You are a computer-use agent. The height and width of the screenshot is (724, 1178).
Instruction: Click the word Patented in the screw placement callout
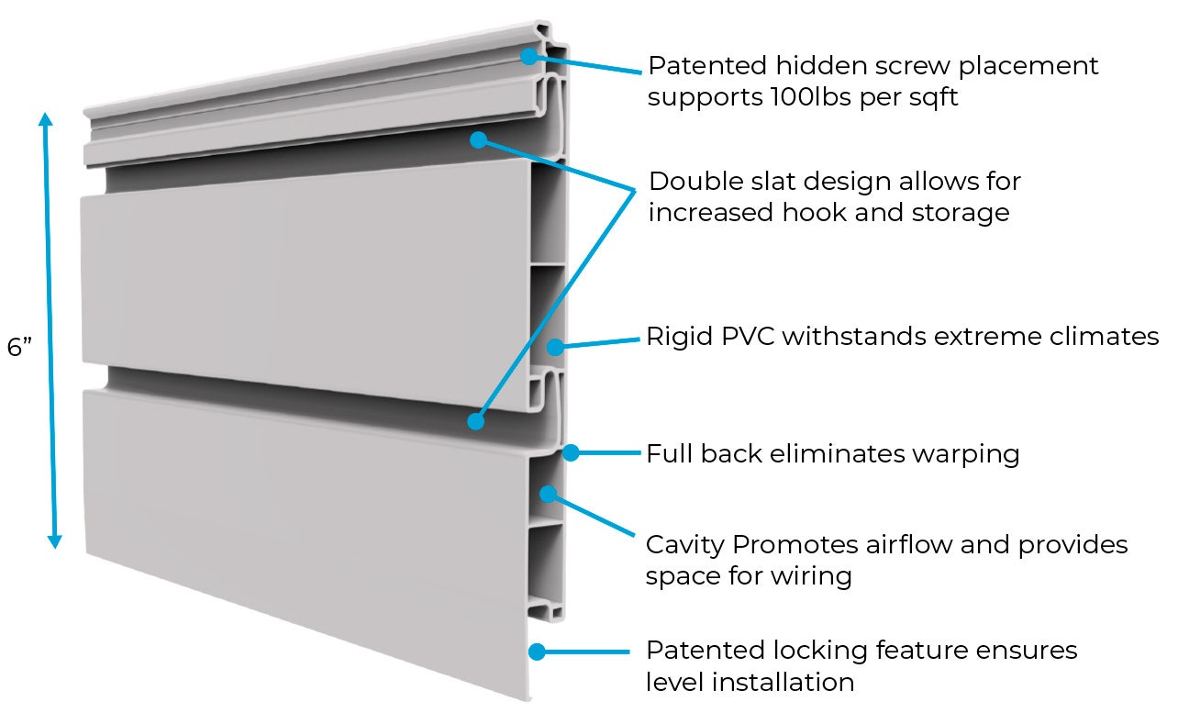(x=706, y=66)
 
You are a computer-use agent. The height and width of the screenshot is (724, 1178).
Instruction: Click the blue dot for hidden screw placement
(x=528, y=56)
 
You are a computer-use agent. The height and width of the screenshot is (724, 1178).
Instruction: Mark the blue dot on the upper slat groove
(x=478, y=139)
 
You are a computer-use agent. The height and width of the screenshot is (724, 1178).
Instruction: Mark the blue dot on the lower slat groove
(x=475, y=421)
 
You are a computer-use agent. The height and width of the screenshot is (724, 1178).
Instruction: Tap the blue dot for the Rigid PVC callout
(x=555, y=347)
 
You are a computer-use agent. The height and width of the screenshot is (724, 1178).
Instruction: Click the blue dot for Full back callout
(x=571, y=452)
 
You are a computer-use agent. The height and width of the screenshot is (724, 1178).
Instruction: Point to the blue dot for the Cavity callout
(x=548, y=494)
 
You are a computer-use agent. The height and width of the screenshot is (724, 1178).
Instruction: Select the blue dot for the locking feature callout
(x=538, y=652)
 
